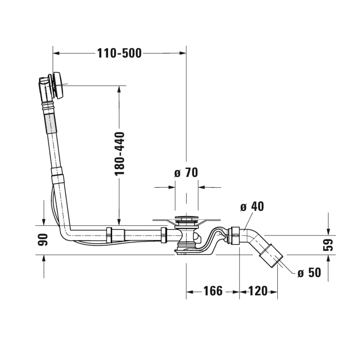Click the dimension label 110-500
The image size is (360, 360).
click(x=119, y=52)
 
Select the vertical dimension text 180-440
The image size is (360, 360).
click(x=120, y=154)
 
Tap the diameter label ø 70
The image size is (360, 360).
click(x=186, y=173)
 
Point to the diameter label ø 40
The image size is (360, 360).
click(x=252, y=207)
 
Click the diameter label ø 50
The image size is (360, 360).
click(x=309, y=272)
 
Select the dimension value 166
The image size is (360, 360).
click(x=212, y=291)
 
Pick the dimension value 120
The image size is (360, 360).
click(x=258, y=291)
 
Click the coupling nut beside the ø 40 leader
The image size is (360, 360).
click(x=235, y=235)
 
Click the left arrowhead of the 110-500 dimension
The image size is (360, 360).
click(x=57, y=52)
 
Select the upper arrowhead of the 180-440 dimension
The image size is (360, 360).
click(x=119, y=88)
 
